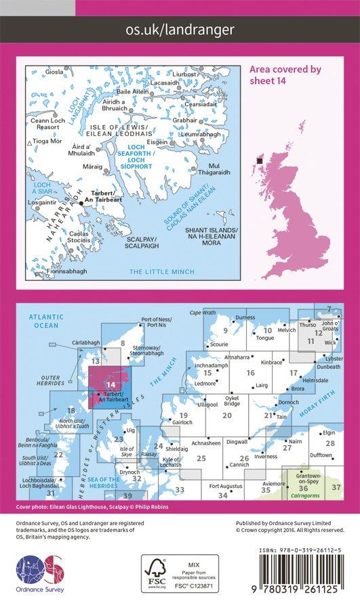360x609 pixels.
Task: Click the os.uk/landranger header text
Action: (180, 29)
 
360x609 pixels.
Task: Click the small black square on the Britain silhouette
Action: (259, 161)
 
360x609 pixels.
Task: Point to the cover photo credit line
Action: (82, 507)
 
